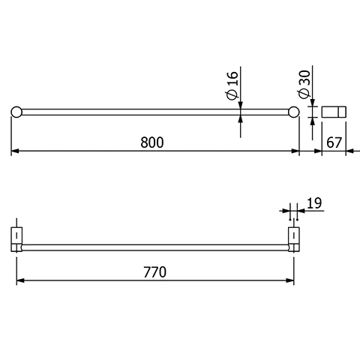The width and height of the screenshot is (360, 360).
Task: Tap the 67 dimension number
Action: (334, 142)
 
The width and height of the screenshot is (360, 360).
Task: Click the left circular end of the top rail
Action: (16, 112)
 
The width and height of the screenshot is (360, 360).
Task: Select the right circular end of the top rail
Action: (294, 112)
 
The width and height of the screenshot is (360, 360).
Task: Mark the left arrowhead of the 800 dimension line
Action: (14, 151)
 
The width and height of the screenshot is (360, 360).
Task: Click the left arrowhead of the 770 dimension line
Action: (19, 281)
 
